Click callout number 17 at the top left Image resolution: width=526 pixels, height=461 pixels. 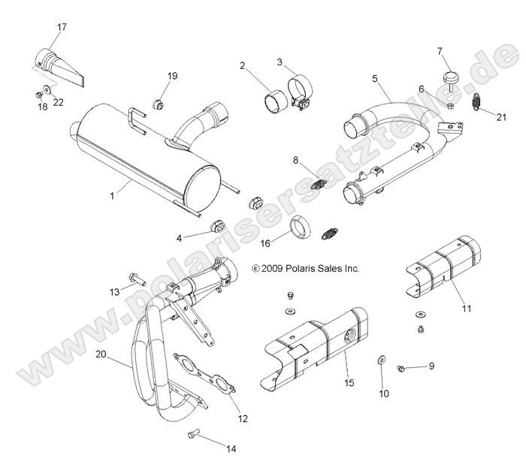coord(62,28)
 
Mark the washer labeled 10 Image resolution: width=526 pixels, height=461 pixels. coord(381,360)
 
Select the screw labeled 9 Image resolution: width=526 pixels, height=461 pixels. coord(402,368)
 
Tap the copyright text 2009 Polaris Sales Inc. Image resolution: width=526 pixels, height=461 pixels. coord(306,267)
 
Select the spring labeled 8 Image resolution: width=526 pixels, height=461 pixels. coord(316,184)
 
